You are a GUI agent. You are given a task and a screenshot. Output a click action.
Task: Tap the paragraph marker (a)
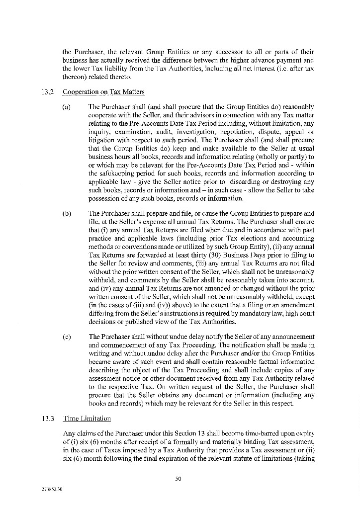[x=66, y=107]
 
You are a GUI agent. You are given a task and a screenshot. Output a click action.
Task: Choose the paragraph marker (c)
[x=66, y=337]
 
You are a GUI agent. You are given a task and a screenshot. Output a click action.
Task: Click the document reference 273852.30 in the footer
[x=53, y=489]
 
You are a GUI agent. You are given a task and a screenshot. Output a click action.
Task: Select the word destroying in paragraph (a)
[x=288, y=181]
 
